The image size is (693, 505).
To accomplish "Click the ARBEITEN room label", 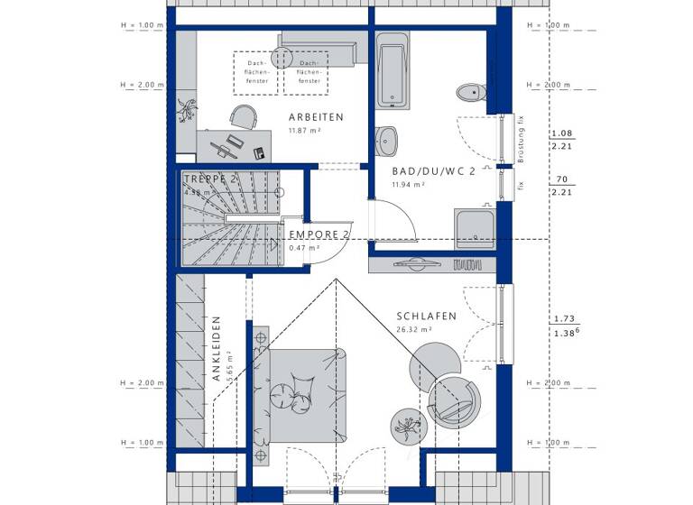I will (x=315, y=117).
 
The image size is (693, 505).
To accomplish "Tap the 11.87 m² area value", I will (x=304, y=132).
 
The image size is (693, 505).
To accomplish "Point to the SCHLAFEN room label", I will (x=426, y=317).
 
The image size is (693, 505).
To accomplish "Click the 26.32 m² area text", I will (x=414, y=330).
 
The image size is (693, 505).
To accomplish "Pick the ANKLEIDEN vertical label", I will (x=217, y=349).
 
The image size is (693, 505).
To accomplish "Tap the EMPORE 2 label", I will (x=318, y=234).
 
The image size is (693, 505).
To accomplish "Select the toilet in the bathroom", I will (x=470, y=91).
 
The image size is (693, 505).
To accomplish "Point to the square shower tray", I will (x=474, y=228).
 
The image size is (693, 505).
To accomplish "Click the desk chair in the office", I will (x=242, y=116).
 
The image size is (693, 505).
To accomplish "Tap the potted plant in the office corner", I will (x=189, y=110).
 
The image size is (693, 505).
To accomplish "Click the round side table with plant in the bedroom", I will (x=406, y=424).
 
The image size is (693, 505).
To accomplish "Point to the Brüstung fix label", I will (x=521, y=140).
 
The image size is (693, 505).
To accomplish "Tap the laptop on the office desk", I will (x=233, y=142).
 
